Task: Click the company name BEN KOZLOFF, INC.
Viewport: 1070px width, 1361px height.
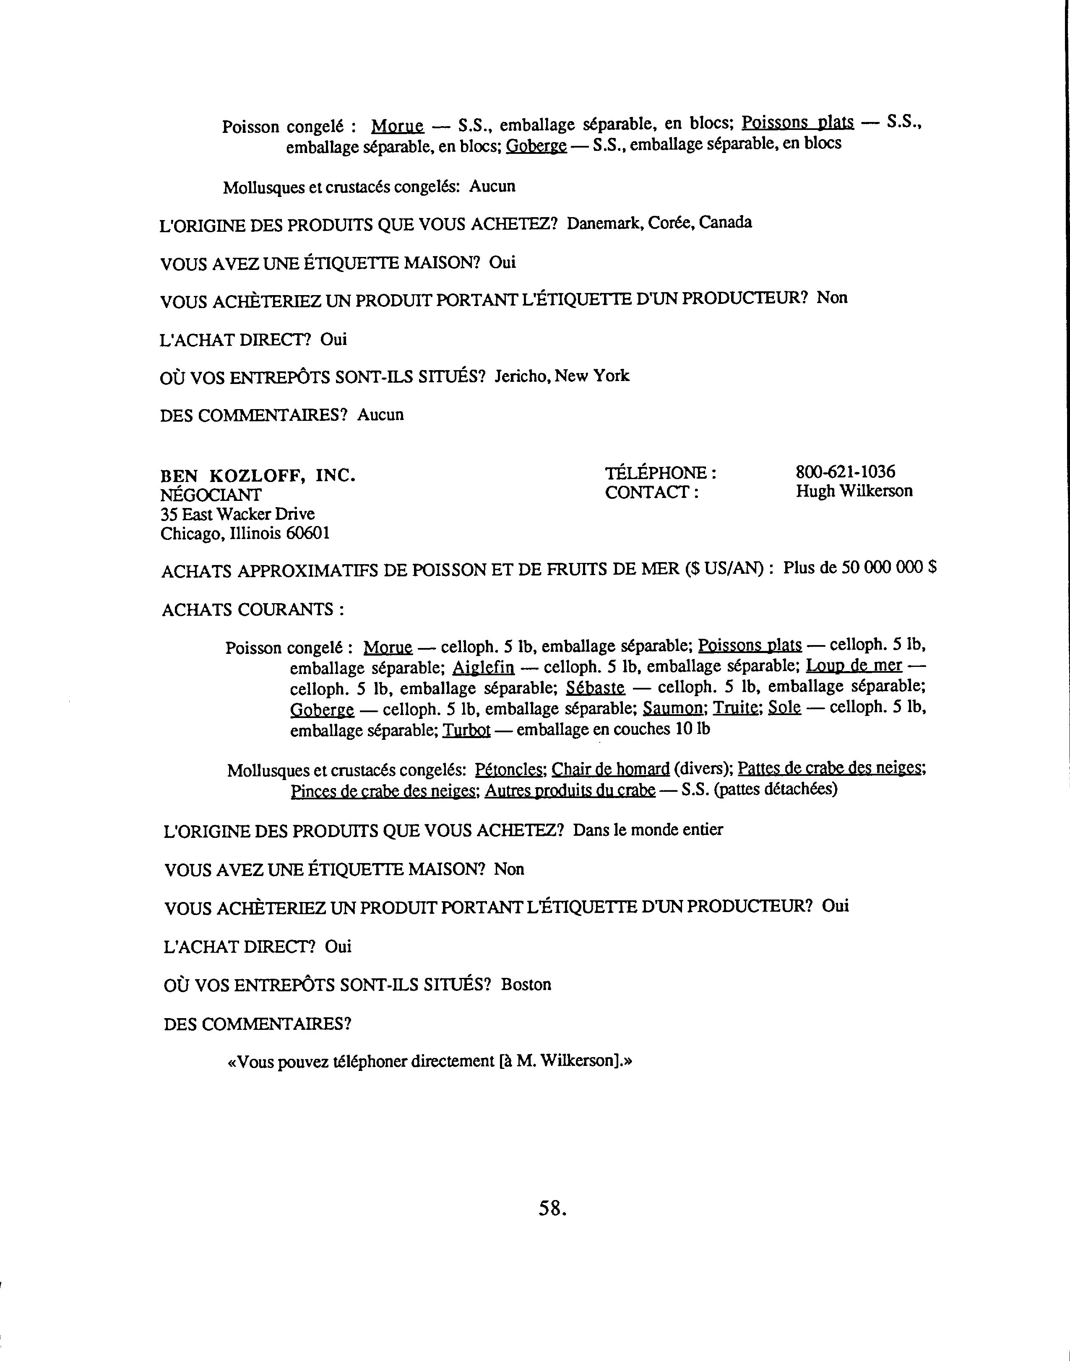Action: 258,475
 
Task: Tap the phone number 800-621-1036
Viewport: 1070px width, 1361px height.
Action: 845,472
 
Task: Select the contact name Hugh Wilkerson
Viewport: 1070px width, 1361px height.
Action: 854,491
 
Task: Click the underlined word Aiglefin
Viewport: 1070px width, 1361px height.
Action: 483,667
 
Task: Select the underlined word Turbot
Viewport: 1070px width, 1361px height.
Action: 466,730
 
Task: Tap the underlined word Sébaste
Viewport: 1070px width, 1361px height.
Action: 595,688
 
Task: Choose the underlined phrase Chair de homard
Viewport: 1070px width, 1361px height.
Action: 610,769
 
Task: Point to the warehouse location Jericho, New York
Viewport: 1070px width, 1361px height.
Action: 561,376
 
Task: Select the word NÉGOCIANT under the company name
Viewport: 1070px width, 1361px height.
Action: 211,495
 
